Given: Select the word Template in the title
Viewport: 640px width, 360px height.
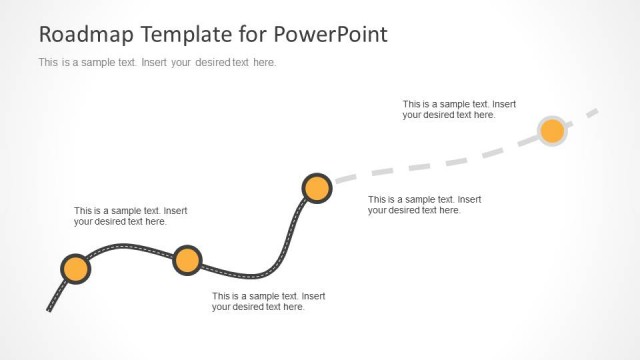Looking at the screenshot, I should pyautogui.click(x=176, y=34).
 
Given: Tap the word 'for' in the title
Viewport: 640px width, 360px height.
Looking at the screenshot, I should pyautogui.click(x=248, y=34).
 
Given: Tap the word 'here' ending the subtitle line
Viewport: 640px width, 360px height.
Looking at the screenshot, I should pyautogui.click(x=263, y=62).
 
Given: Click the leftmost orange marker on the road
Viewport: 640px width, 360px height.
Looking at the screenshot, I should pyautogui.click(x=75, y=269).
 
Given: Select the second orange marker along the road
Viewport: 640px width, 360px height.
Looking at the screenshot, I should pyautogui.click(x=187, y=260).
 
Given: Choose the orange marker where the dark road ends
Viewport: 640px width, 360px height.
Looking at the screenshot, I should pyautogui.click(x=316, y=188).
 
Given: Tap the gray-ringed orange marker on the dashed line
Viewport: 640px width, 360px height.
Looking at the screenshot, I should pyautogui.click(x=552, y=130).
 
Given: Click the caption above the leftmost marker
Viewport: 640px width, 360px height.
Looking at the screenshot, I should pyautogui.click(x=130, y=216).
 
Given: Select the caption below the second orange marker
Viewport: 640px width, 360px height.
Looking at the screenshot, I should pyautogui.click(x=268, y=301).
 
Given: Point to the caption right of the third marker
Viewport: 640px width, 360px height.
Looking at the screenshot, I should pyautogui.click(x=424, y=205).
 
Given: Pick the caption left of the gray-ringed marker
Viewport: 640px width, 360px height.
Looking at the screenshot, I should pyautogui.click(x=459, y=109).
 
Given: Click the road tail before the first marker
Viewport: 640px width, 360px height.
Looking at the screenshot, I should pyautogui.click(x=56, y=295).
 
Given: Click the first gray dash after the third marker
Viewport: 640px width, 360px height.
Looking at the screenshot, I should pyautogui.click(x=345, y=178).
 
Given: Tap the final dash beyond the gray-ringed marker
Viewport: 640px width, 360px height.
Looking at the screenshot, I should pyautogui.click(x=591, y=112).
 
